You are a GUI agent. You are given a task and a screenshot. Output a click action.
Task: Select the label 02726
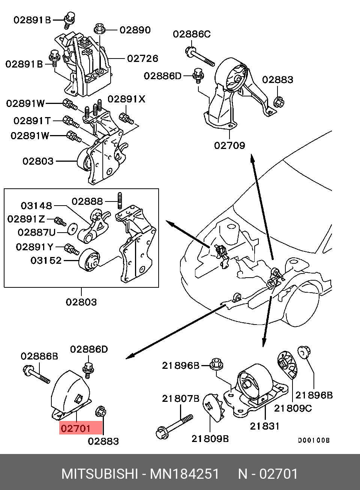click(142, 59)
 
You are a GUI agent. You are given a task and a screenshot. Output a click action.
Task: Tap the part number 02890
click(135, 30)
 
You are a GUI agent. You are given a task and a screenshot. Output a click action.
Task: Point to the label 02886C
click(192, 34)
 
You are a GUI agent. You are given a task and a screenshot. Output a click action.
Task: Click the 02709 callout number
click(229, 145)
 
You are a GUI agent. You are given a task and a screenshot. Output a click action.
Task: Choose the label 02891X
click(126, 99)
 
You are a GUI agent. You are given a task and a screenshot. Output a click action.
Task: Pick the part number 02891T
click(32, 121)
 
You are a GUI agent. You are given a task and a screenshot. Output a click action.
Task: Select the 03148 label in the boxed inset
click(36, 206)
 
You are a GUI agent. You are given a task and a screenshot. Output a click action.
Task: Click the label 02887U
click(36, 233)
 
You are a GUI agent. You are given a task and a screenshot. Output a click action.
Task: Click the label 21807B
click(180, 399)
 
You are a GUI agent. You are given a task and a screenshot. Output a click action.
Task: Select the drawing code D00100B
click(313, 440)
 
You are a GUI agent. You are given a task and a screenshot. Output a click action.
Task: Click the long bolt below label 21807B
click(174, 427)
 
